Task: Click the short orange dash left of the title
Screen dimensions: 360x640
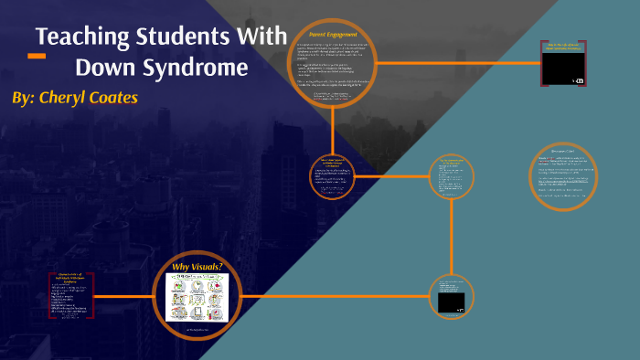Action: click(37, 56)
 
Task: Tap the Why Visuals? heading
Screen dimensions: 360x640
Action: click(197, 267)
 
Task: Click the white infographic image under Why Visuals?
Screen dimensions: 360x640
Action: click(197, 295)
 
